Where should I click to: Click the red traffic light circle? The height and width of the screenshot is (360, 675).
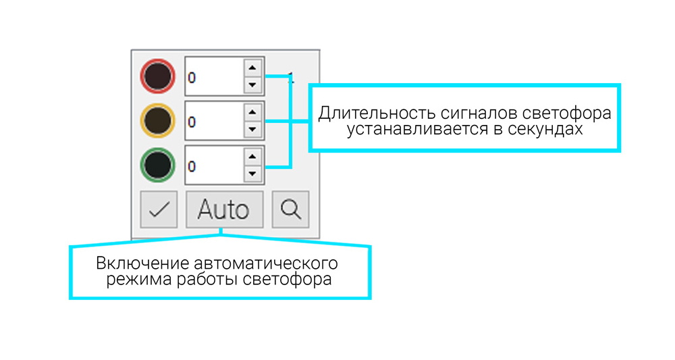click(158, 76)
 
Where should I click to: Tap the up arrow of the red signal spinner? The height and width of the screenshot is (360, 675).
click(252, 68)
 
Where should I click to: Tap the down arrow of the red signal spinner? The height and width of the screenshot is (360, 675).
click(252, 84)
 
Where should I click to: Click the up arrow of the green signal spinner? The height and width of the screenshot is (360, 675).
click(252, 156)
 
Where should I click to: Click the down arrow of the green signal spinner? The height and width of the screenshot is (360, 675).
click(252, 173)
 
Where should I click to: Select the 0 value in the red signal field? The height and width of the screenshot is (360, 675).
click(192, 78)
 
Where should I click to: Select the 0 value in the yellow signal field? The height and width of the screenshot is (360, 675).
click(192, 122)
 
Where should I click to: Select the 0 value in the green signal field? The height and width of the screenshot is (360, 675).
click(192, 166)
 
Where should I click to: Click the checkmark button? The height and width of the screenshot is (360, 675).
click(159, 209)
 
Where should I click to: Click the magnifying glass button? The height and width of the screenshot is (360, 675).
click(290, 209)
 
